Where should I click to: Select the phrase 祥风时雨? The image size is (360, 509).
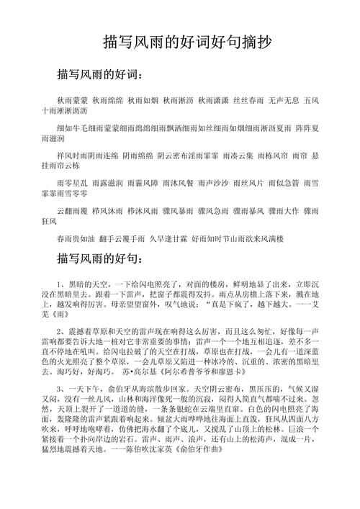[71, 155]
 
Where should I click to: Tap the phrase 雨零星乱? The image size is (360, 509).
[71, 183]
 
